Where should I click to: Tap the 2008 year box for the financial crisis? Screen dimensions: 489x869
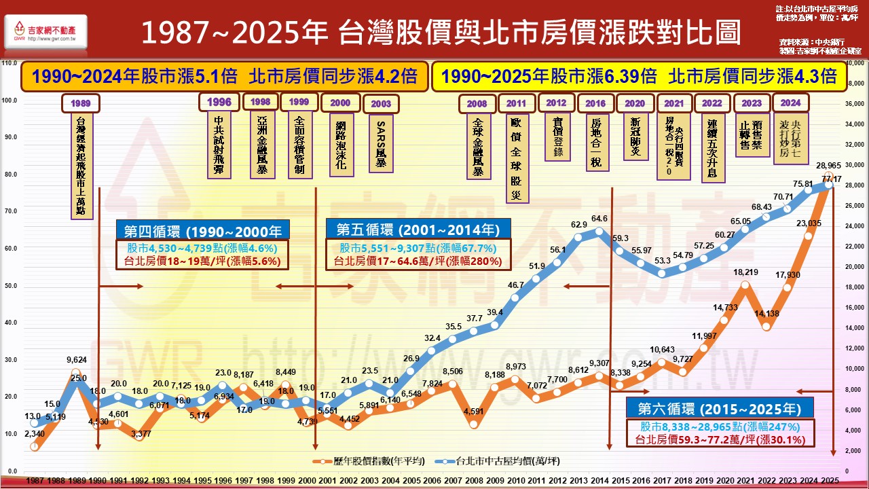[x=477, y=104]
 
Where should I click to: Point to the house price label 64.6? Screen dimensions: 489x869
[x=599, y=219]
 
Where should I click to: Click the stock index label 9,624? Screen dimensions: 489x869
[x=77, y=359]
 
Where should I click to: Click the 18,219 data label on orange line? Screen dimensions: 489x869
[x=745, y=272]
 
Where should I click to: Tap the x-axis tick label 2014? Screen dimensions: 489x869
[x=599, y=480]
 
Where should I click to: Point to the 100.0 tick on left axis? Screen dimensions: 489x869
[x=10, y=100]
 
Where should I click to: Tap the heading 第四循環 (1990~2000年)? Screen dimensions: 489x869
[x=202, y=230]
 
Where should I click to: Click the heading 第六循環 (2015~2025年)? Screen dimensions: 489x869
[x=719, y=410]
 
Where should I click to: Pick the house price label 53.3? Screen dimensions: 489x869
[x=663, y=260]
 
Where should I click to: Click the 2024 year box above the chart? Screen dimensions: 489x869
[x=790, y=103]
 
